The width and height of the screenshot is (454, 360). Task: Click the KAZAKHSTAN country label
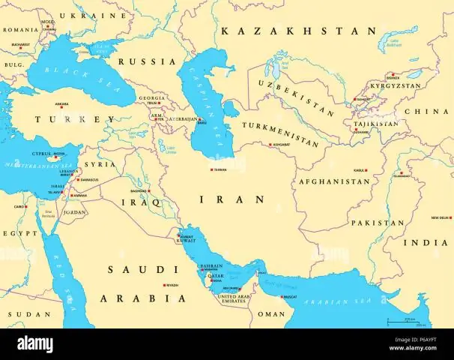coord(298,31)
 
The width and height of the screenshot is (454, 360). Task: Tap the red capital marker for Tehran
coord(211,169)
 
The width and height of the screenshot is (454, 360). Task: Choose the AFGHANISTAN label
coord(334,181)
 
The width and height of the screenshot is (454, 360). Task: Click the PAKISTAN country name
coord(378,223)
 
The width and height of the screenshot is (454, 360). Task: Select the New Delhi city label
coord(440,217)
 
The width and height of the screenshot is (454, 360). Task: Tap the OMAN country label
coord(272,315)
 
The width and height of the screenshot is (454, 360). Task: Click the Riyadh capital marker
coord(166,286)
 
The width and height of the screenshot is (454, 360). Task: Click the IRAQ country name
coord(147,203)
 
